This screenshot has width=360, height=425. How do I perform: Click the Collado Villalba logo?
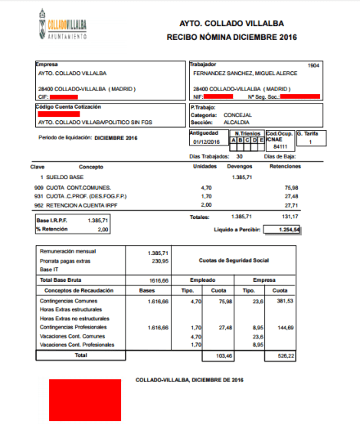pyautogui.click(x=61, y=28)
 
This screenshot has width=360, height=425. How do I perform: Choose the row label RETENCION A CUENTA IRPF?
pyautogui.click(x=80, y=204)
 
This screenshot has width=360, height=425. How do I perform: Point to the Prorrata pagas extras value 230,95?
pyautogui.click(x=158, y=261)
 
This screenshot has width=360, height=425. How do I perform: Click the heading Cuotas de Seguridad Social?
pyautogui.click(x=232, y=261)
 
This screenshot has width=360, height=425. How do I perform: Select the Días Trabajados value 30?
pyautogui.click(x=240, y=156)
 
